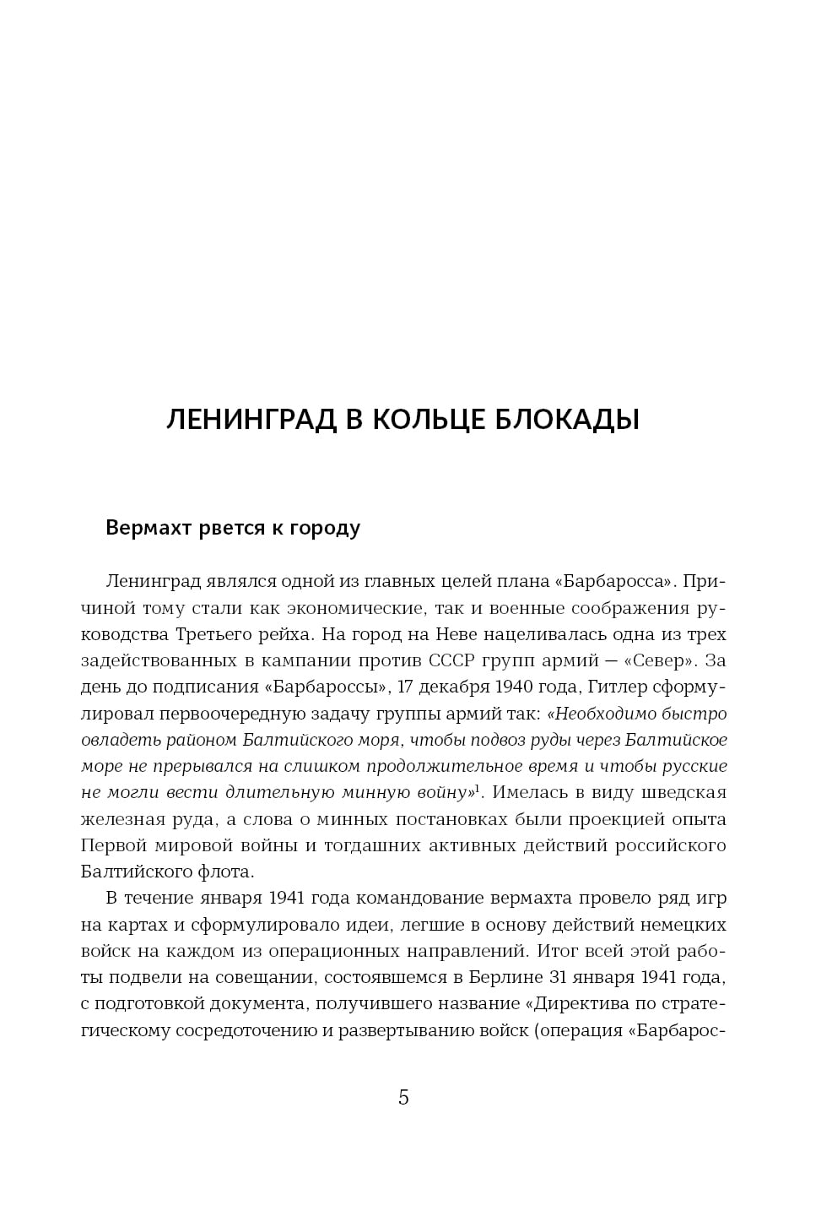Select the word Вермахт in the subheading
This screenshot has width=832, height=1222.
pyautogui.click(x=147, y=528)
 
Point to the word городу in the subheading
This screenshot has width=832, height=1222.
pyautogui.click(x=325, y=528)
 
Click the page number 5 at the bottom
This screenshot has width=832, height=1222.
pyautogui.click(x=403, y=1097)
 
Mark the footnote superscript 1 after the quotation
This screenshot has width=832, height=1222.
pyautogui.click(x=477, y=789)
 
